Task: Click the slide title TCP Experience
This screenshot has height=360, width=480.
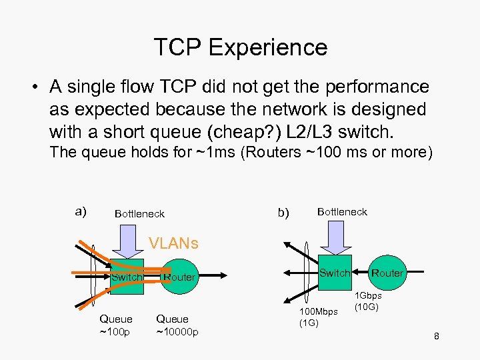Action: tap(240, 47)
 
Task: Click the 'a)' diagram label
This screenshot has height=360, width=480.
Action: tap(81, 211)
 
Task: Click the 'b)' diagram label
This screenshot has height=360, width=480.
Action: tap(283, 213)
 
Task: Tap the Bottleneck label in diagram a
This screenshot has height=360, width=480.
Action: tap(139, 214)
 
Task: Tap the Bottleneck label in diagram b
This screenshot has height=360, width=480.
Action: tap(342, 211)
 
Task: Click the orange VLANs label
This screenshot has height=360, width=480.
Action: tap(173, 243)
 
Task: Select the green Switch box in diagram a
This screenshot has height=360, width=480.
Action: tap(127, 276)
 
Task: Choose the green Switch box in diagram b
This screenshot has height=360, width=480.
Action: tap(334, 272)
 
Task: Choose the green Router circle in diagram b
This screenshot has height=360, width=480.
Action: tap(387, 272)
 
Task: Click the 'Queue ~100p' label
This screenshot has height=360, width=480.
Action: tap(116, 325)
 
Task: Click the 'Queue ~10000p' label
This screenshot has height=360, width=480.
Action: tap(177, 325)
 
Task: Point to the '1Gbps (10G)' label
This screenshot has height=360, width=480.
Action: tap(368, 301)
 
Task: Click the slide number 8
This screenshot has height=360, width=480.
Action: tap(436, 336)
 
